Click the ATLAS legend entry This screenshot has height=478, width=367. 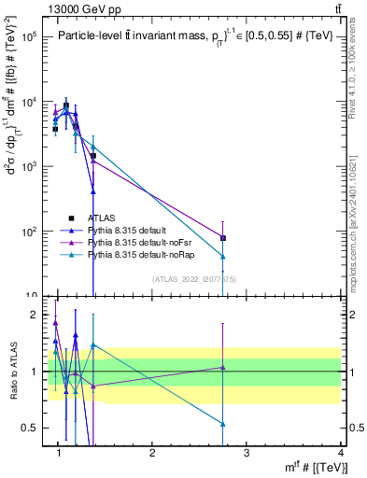(x=99, y=218)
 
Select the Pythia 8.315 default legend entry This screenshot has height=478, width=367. (x=127, y=230)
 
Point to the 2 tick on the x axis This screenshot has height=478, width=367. (x=152, y=454)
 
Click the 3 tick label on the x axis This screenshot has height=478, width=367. (x=247, y=454)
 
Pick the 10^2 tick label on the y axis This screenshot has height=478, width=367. (x=29, y=231)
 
